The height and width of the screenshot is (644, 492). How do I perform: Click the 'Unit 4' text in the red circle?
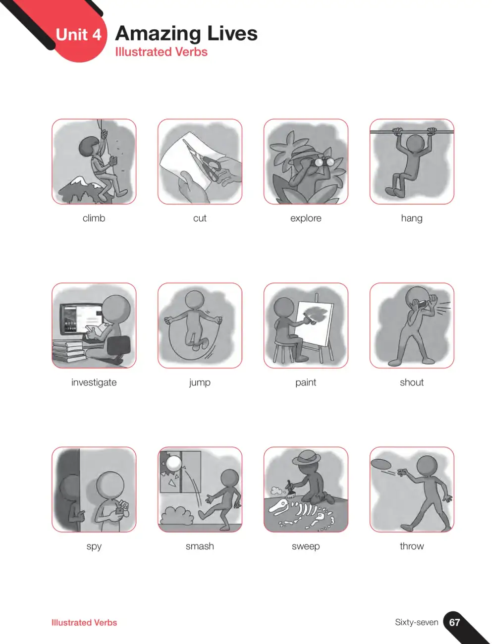click(x=78, y=35)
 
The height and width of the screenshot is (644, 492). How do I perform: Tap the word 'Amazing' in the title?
click(x=159, y=34)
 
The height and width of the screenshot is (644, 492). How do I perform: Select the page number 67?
click(x=454, y=622)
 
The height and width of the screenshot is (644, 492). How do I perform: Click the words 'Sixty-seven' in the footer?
click(x=416, y=622)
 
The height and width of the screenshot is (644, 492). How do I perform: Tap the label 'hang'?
click(x=412, y=218)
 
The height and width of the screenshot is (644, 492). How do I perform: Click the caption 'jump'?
click(x=200, y=382)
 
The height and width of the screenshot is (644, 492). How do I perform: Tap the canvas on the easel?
click(x=315, y=323)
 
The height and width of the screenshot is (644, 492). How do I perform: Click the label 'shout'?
click(x=412, y=382)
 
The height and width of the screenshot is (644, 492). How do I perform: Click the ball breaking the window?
click(x=173, y=464)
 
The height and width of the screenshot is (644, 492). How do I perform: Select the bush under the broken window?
click(x=176, y=515)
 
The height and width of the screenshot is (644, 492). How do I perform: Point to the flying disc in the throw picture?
click(x=383, y=464)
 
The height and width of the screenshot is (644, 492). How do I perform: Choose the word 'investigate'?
click(x=94, y=382)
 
